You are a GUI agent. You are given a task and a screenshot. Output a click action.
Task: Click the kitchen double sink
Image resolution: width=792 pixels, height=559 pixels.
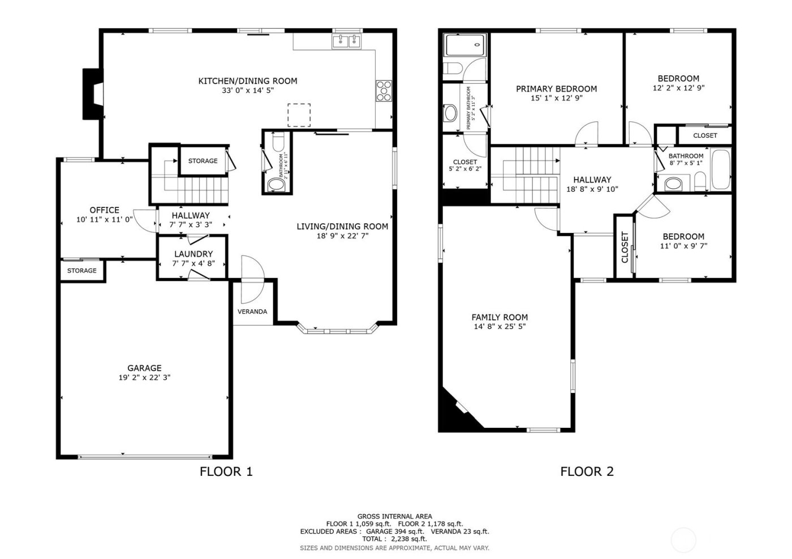point(347,41)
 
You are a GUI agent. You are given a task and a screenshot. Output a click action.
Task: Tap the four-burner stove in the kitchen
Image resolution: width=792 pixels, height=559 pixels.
point(384,90)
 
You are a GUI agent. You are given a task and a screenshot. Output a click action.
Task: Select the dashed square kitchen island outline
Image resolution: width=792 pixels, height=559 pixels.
point(299,115)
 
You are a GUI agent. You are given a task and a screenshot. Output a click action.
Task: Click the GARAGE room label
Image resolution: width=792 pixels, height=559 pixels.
point(144,368)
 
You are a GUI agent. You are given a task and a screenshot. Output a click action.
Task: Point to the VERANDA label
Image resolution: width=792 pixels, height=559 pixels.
point(252,311)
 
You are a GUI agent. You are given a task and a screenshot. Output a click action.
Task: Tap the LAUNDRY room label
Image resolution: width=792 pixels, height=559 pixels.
point(193,254)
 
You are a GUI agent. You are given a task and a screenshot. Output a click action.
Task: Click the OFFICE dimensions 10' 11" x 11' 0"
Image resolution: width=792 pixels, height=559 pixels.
point(105,219)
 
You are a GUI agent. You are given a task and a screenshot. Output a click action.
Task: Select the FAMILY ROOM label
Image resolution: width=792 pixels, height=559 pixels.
point(500,317)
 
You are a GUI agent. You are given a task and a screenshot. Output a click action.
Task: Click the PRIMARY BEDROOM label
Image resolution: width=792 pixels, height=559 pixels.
point(556,89)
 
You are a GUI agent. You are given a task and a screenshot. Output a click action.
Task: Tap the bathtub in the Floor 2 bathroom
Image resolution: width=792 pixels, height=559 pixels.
point(720,170)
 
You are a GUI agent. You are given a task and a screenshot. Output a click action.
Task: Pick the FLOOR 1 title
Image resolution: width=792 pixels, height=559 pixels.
point(226,471)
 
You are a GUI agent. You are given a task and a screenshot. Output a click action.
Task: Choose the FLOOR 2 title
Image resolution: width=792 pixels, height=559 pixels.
point(587,471)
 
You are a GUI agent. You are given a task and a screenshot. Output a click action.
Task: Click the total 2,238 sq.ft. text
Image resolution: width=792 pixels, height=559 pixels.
point(394,539)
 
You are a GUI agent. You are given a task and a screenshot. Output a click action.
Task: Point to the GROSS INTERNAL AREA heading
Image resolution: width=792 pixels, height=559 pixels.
point(394,516)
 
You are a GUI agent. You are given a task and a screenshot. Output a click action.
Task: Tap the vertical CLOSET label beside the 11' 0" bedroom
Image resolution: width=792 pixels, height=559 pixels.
point(625,247)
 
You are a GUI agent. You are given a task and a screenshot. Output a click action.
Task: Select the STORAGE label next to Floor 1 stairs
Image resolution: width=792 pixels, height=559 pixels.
point(203,161)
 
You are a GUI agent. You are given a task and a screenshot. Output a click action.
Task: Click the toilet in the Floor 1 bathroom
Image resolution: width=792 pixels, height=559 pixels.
point(277,184)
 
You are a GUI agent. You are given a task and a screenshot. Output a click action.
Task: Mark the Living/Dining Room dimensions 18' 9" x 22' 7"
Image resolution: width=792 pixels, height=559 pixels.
point(342,236)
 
